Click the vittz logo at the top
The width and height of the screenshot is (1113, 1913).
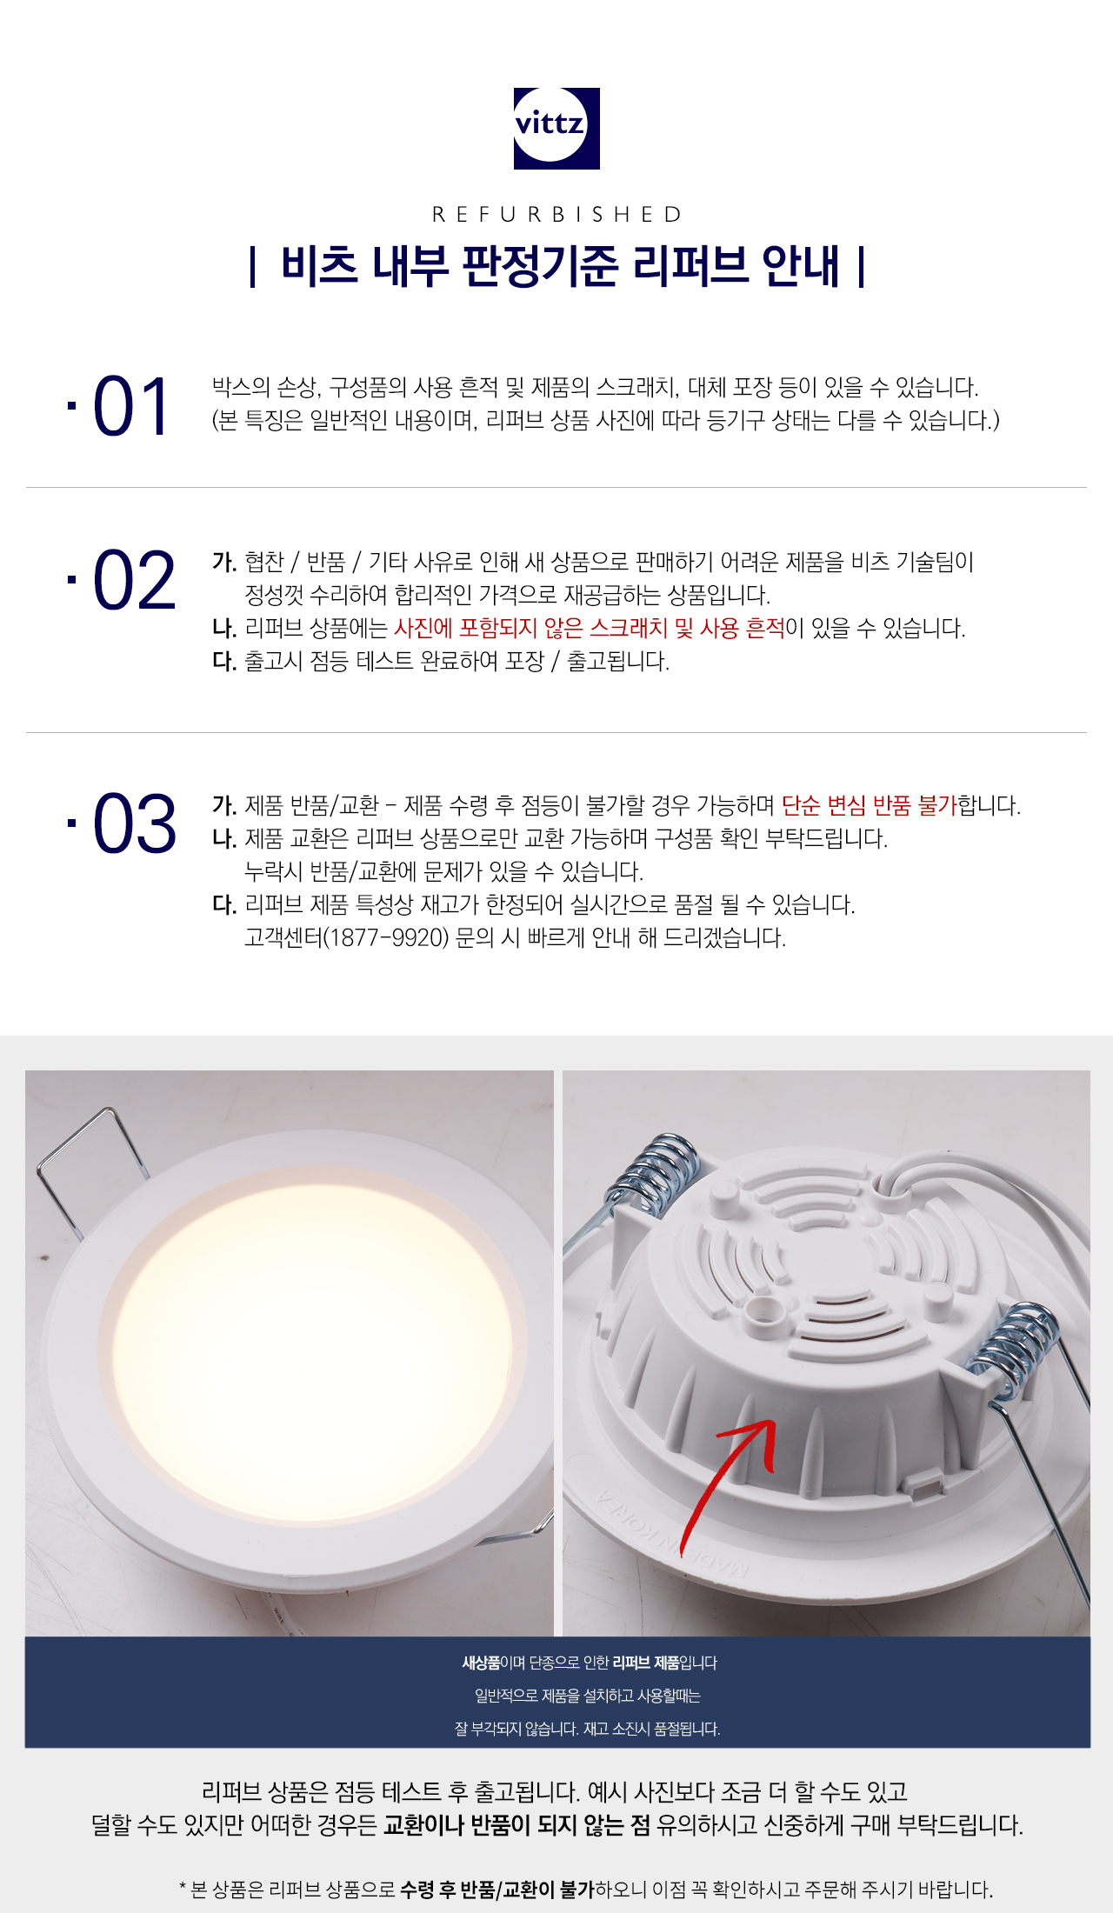click(x=556, y=128)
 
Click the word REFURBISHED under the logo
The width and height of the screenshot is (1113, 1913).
click(x=556, y=214)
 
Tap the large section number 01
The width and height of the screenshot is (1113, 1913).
click(x=130, y=407)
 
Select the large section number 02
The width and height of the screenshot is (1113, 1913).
click(x=134, y=581)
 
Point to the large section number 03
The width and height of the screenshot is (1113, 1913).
click(x=134, y=823)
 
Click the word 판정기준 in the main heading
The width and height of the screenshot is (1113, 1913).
click(x=539, y=265)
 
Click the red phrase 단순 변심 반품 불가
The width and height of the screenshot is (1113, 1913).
click(x=869, y=805)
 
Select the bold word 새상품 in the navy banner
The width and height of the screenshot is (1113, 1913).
click(x=481, y=1663)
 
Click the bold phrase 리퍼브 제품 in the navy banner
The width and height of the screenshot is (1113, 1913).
click(x=645, y=1663)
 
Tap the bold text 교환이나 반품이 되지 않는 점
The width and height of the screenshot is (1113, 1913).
click(x=517, y=1824)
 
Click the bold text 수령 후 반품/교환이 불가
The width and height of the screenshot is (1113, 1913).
click(x=497, y=1890)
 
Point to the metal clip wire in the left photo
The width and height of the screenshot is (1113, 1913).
click(x=87, y=1165)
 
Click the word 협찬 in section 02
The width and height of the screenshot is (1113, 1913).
click(x=264, y=562)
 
